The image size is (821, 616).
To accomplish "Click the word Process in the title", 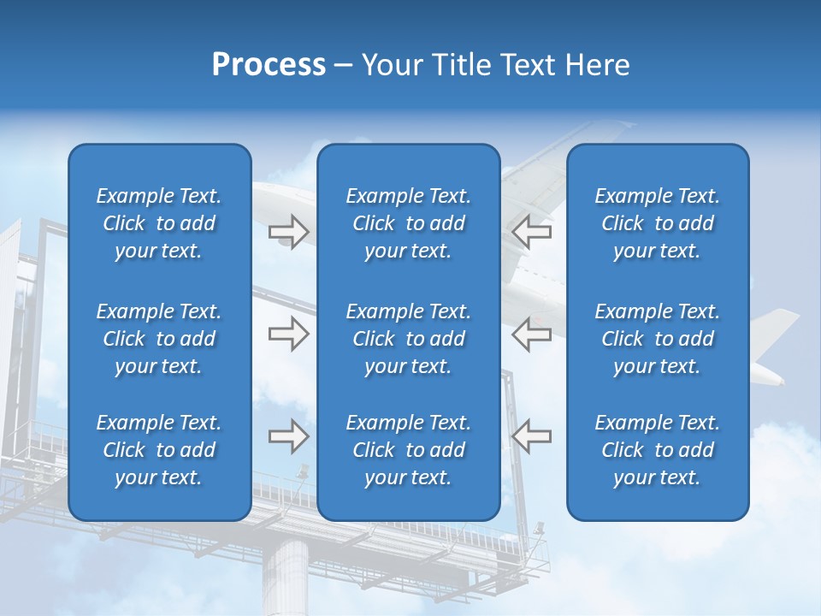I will [269, 65].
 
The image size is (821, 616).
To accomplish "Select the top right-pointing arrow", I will [288, 232].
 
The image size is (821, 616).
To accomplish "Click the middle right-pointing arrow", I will [288, 334].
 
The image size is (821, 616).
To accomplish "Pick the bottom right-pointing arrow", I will [288, 436].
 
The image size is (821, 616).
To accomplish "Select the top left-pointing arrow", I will [531, 232].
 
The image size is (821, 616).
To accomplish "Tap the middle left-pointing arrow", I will [531, 334].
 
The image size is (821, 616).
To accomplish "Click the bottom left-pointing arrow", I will [531, 436].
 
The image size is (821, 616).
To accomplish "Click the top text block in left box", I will [159, 223].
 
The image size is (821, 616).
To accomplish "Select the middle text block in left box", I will [159, 339].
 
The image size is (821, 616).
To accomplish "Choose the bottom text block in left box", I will [159, 450].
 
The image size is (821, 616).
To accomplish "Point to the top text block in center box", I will [408, 223].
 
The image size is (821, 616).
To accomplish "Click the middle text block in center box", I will [408, 339].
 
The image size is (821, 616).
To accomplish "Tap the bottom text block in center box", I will [408, 450].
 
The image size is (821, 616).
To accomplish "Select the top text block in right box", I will [657, 223].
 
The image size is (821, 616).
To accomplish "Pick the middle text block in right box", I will [657, 339].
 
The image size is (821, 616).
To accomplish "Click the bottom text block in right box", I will [657, 450].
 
